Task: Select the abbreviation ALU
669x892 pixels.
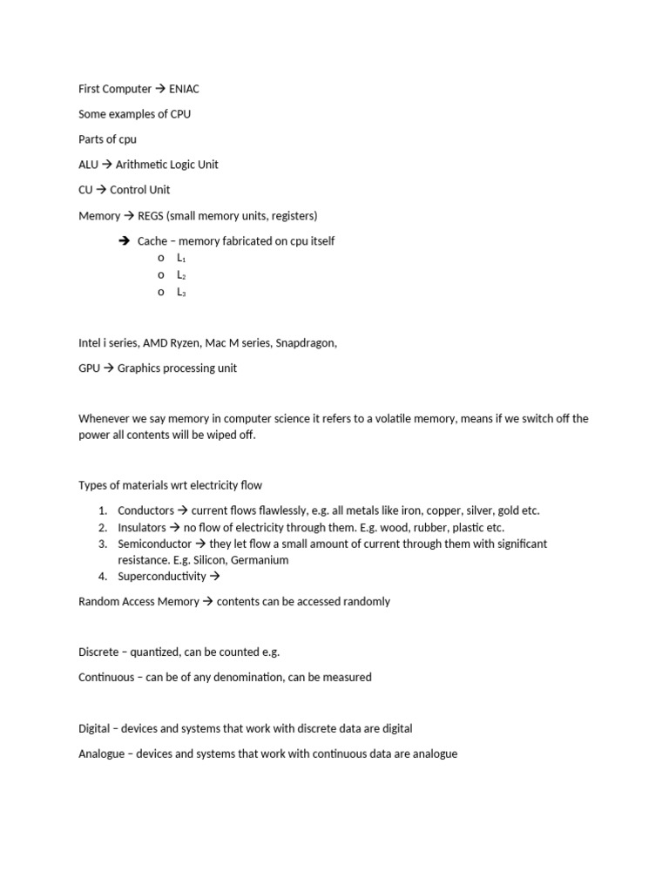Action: pyautogui.click(x=89, y=165)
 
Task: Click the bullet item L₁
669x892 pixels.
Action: pyautogui.click(x=181, y=259)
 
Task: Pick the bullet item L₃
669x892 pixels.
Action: pyautogui.click(x=181, y=292)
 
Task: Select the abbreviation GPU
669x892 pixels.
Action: pyautogui.click(x=90, y=368)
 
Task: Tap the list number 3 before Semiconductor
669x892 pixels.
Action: pyautogui.click(x=102, y=544)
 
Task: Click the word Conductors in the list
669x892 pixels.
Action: pyautogui.click(x=145, y=510)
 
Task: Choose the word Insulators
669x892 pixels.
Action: pyautogui.click(x=142, y=527)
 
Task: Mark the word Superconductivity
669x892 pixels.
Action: pyautogui.click(x=162, y=576)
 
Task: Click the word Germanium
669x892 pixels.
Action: pyautogui.click(x=260, y=560)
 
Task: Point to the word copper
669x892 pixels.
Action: pyautogui.click(x=421, y=510)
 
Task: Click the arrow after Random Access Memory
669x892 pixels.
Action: pyautogui.click(x=207, y=601)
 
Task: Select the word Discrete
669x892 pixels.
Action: pyautogui.click(x=98, y=652)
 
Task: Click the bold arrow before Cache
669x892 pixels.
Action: pyautogui.click(x=124, y=240)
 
